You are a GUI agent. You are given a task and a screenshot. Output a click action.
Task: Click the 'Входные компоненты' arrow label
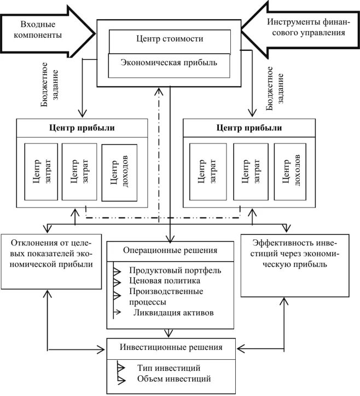(41, 30)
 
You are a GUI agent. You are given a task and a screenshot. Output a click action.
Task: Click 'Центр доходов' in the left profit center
(119, 172)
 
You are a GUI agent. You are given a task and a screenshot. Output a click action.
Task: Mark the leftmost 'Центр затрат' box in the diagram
(40, 171)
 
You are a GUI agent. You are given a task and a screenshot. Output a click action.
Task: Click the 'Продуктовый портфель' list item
(175, 271)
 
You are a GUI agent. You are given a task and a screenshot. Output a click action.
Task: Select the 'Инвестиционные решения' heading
(171, 347)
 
